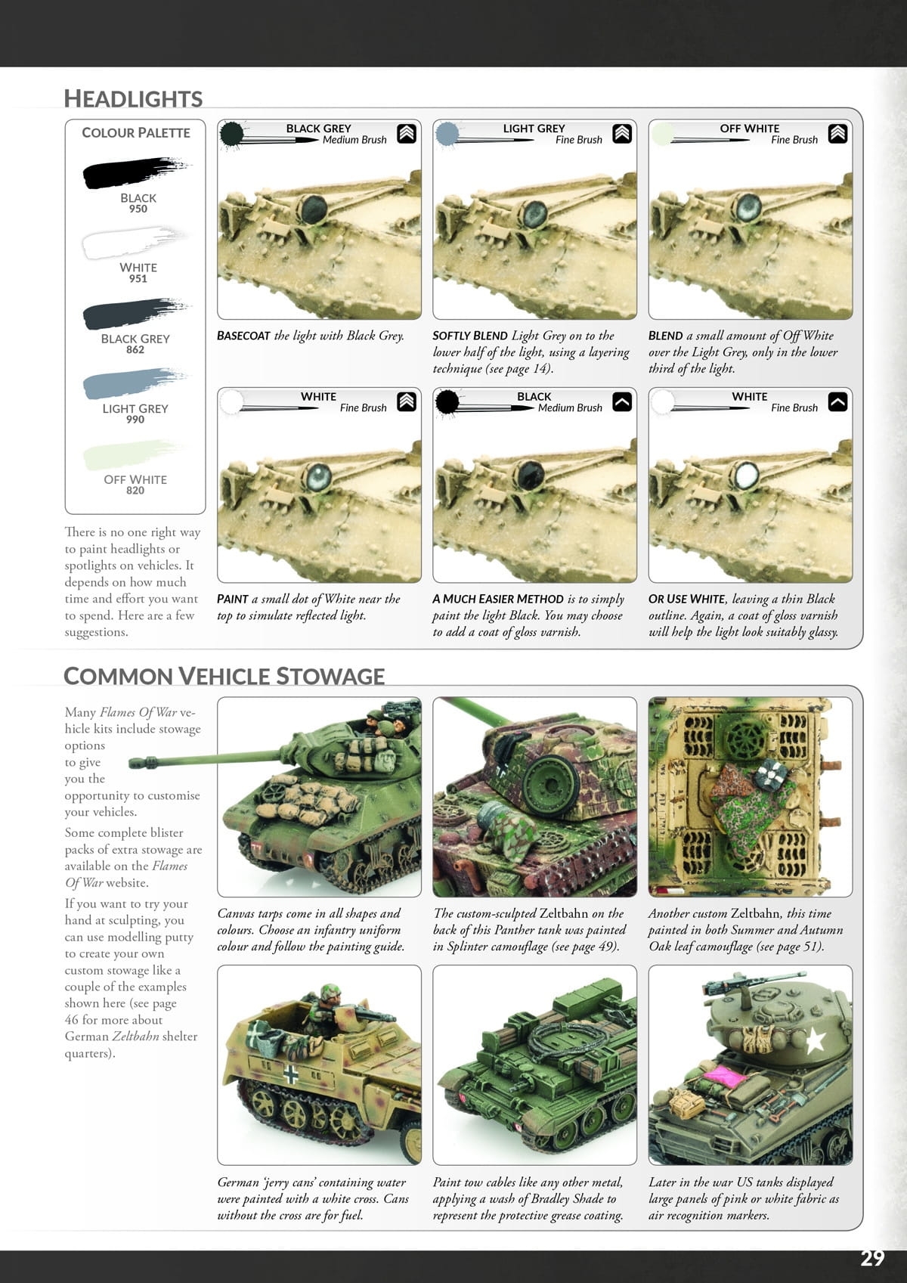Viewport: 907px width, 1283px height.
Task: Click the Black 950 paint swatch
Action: [133, 173]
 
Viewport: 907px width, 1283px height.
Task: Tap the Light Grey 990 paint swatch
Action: [133, 383]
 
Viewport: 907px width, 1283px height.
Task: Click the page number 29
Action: [871, 1257]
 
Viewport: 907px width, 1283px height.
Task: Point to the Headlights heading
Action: [133, 98]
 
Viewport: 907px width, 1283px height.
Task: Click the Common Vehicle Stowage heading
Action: [224, 675]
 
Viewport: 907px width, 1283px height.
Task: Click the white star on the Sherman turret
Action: [814, 1040]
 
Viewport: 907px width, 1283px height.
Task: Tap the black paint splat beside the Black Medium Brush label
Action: [447, 401]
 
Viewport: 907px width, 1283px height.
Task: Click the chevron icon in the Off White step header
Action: [837, 134]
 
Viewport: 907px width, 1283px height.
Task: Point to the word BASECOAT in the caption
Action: [243, 336]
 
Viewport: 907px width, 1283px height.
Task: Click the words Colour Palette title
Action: [136, 132]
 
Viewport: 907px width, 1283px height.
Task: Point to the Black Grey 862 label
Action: [135, 343]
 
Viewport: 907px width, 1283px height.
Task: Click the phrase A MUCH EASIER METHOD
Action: [498, 599]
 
